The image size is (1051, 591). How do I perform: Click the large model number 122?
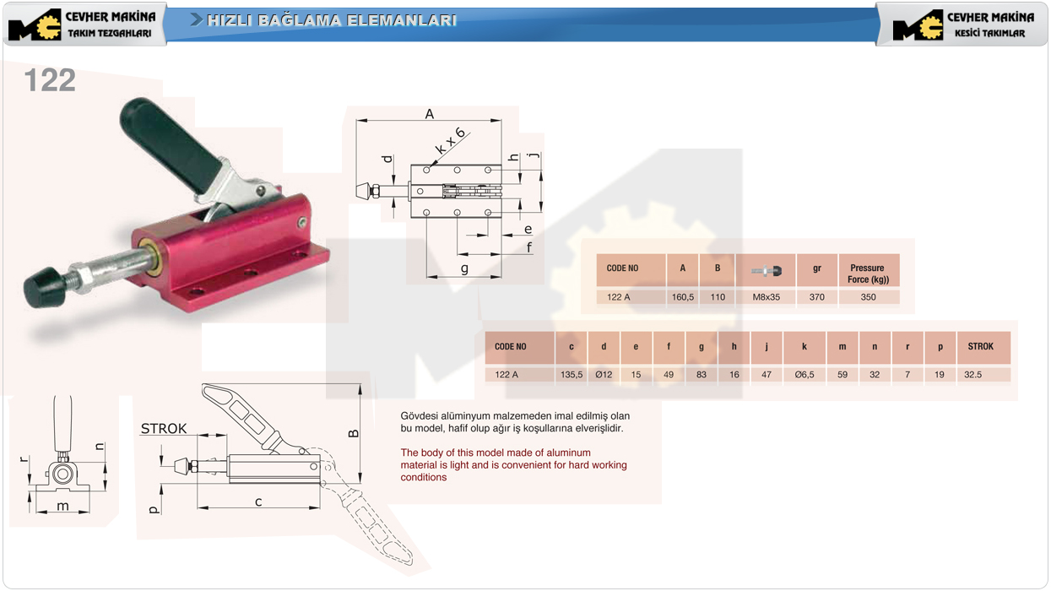click(50, 80)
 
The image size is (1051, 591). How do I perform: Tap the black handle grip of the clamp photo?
click(169, 144)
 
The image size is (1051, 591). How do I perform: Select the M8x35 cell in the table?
click(766, 297)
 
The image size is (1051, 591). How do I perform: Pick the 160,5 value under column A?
click(683, 297)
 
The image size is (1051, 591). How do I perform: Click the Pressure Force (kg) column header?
click(868, 274)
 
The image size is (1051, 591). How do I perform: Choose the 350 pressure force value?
click(868, 297)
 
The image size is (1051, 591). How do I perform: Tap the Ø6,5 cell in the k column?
click(805, 375)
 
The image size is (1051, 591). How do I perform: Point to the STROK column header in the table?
click(980, 346)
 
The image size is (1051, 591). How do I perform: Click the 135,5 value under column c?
click(572, 375)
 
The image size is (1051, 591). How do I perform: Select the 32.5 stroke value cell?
click(972, 375)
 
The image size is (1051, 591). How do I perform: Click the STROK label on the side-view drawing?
click(164, 428)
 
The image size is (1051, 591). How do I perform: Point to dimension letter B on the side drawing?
click(354, 434)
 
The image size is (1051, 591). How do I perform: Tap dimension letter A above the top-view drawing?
click(430, 114)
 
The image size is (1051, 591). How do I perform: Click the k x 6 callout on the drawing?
click(450, 140)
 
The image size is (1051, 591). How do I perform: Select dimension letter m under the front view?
click(62, 506)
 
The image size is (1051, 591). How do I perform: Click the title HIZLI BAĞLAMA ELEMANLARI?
click(331, 20)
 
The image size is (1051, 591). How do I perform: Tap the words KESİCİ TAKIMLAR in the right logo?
click(989, 33)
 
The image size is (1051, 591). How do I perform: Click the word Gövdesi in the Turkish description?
click(418, 416)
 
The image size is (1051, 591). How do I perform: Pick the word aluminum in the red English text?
click(567, 453)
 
